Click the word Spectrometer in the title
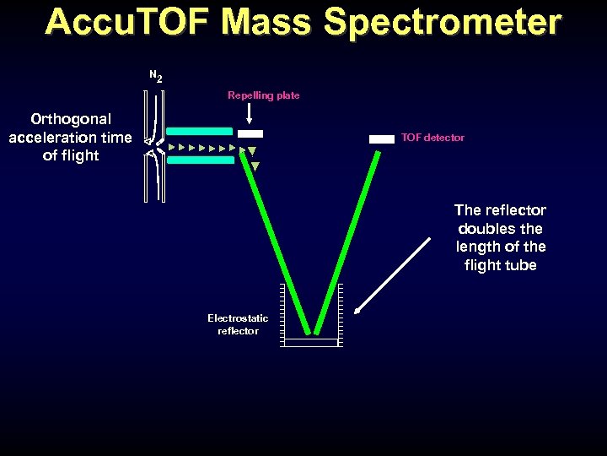pyautogui.click(x=442, y=23)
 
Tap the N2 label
pyautogui.click(x=156, y=76)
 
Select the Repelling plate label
pyautogui.click(x=263, y=95)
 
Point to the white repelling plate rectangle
pyautogui.click(x=250, y=133)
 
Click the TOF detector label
pyautogui.click(x=432, y=138)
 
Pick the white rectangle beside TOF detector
pyautogui.click(x=382, y=138)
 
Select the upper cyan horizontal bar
pyautogui.click(x=200, y=132)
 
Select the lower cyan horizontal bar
pyautogui.click(x=200, y=160)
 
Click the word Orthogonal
pyautogui.click(x=71, y=119)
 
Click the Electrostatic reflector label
pyautogui.click(x=238, y=324)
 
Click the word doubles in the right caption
pyautogui.click(x=500, y=228)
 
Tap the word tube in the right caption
pyautogui.click(x=520, y=265)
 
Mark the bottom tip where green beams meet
pyautogui.click(x=312, y=332)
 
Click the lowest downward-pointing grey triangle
pyautogui.click(x=255, y=166)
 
